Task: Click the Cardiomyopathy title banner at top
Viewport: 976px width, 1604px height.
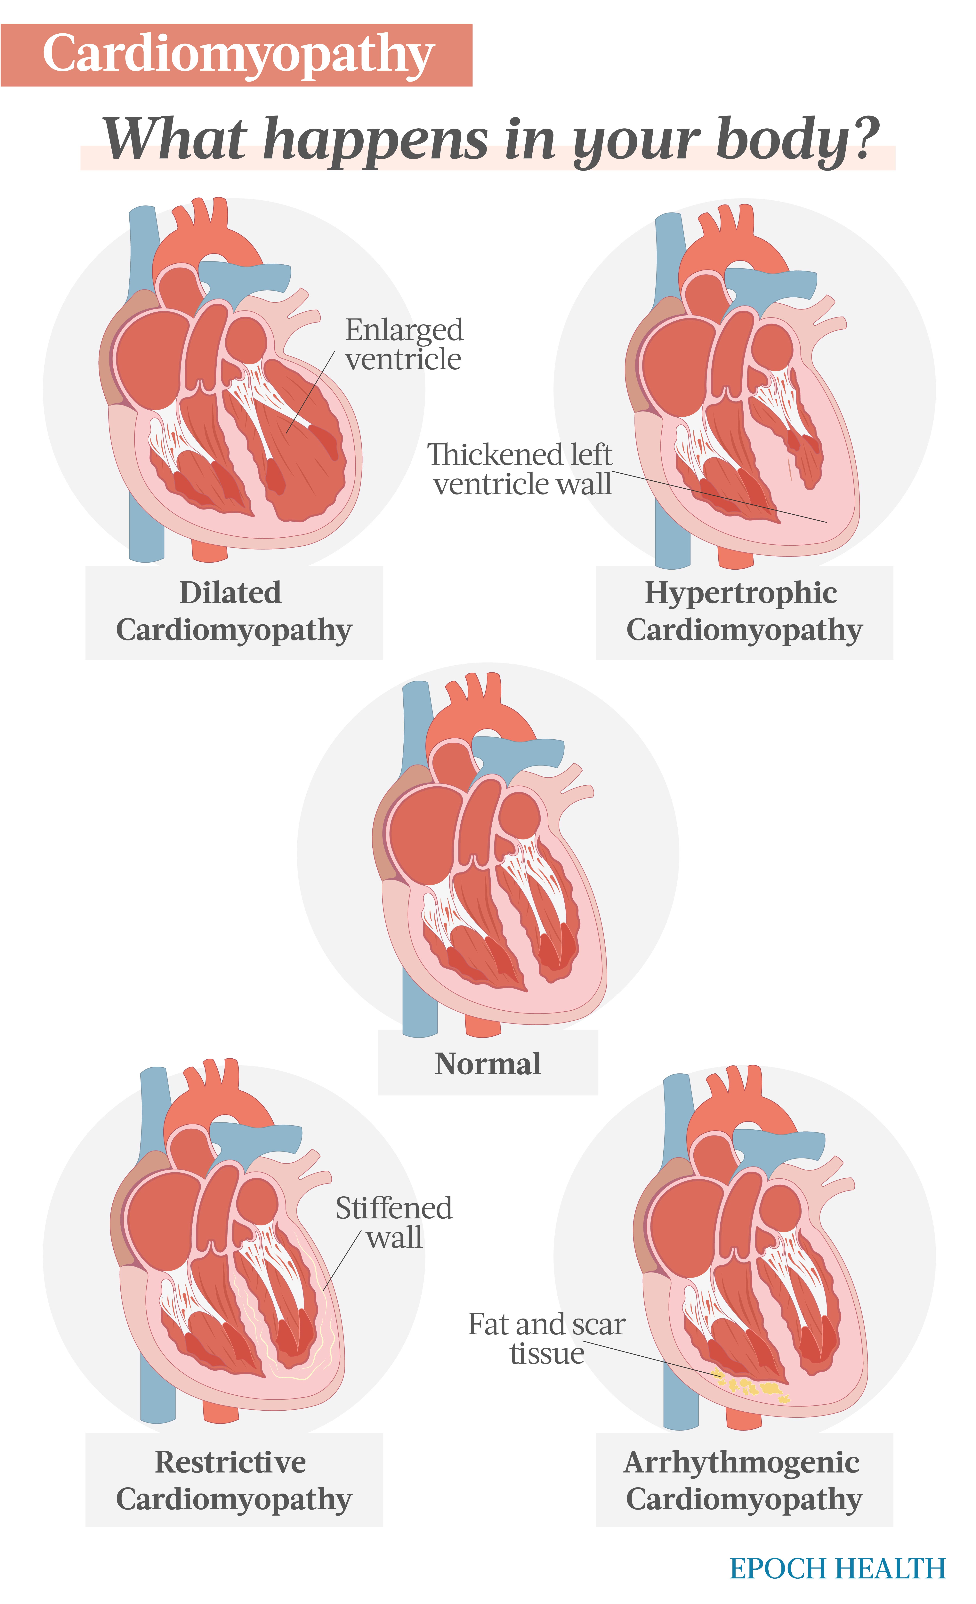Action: pos(236,55)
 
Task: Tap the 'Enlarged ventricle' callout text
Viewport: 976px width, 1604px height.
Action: pos(404,344)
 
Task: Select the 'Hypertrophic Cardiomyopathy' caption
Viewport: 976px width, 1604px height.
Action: pos(744,611)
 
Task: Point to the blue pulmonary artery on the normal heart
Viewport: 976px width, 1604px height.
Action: pos(521,754)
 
